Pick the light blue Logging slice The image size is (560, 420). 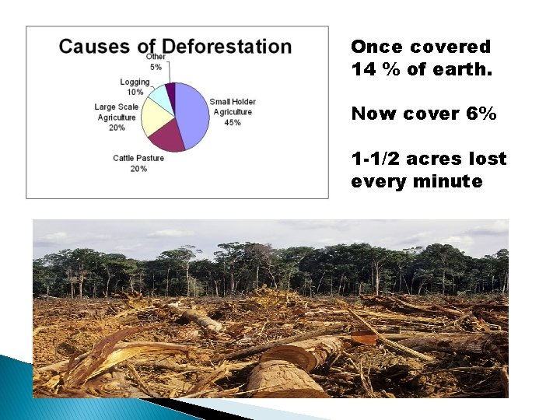[161, 96]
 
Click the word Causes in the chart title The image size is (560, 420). [94, 46]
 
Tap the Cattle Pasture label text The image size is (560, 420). [138, 159]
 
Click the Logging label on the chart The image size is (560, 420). [135, 82]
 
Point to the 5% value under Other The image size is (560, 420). [156, 67]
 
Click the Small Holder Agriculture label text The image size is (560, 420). [233, 107]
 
